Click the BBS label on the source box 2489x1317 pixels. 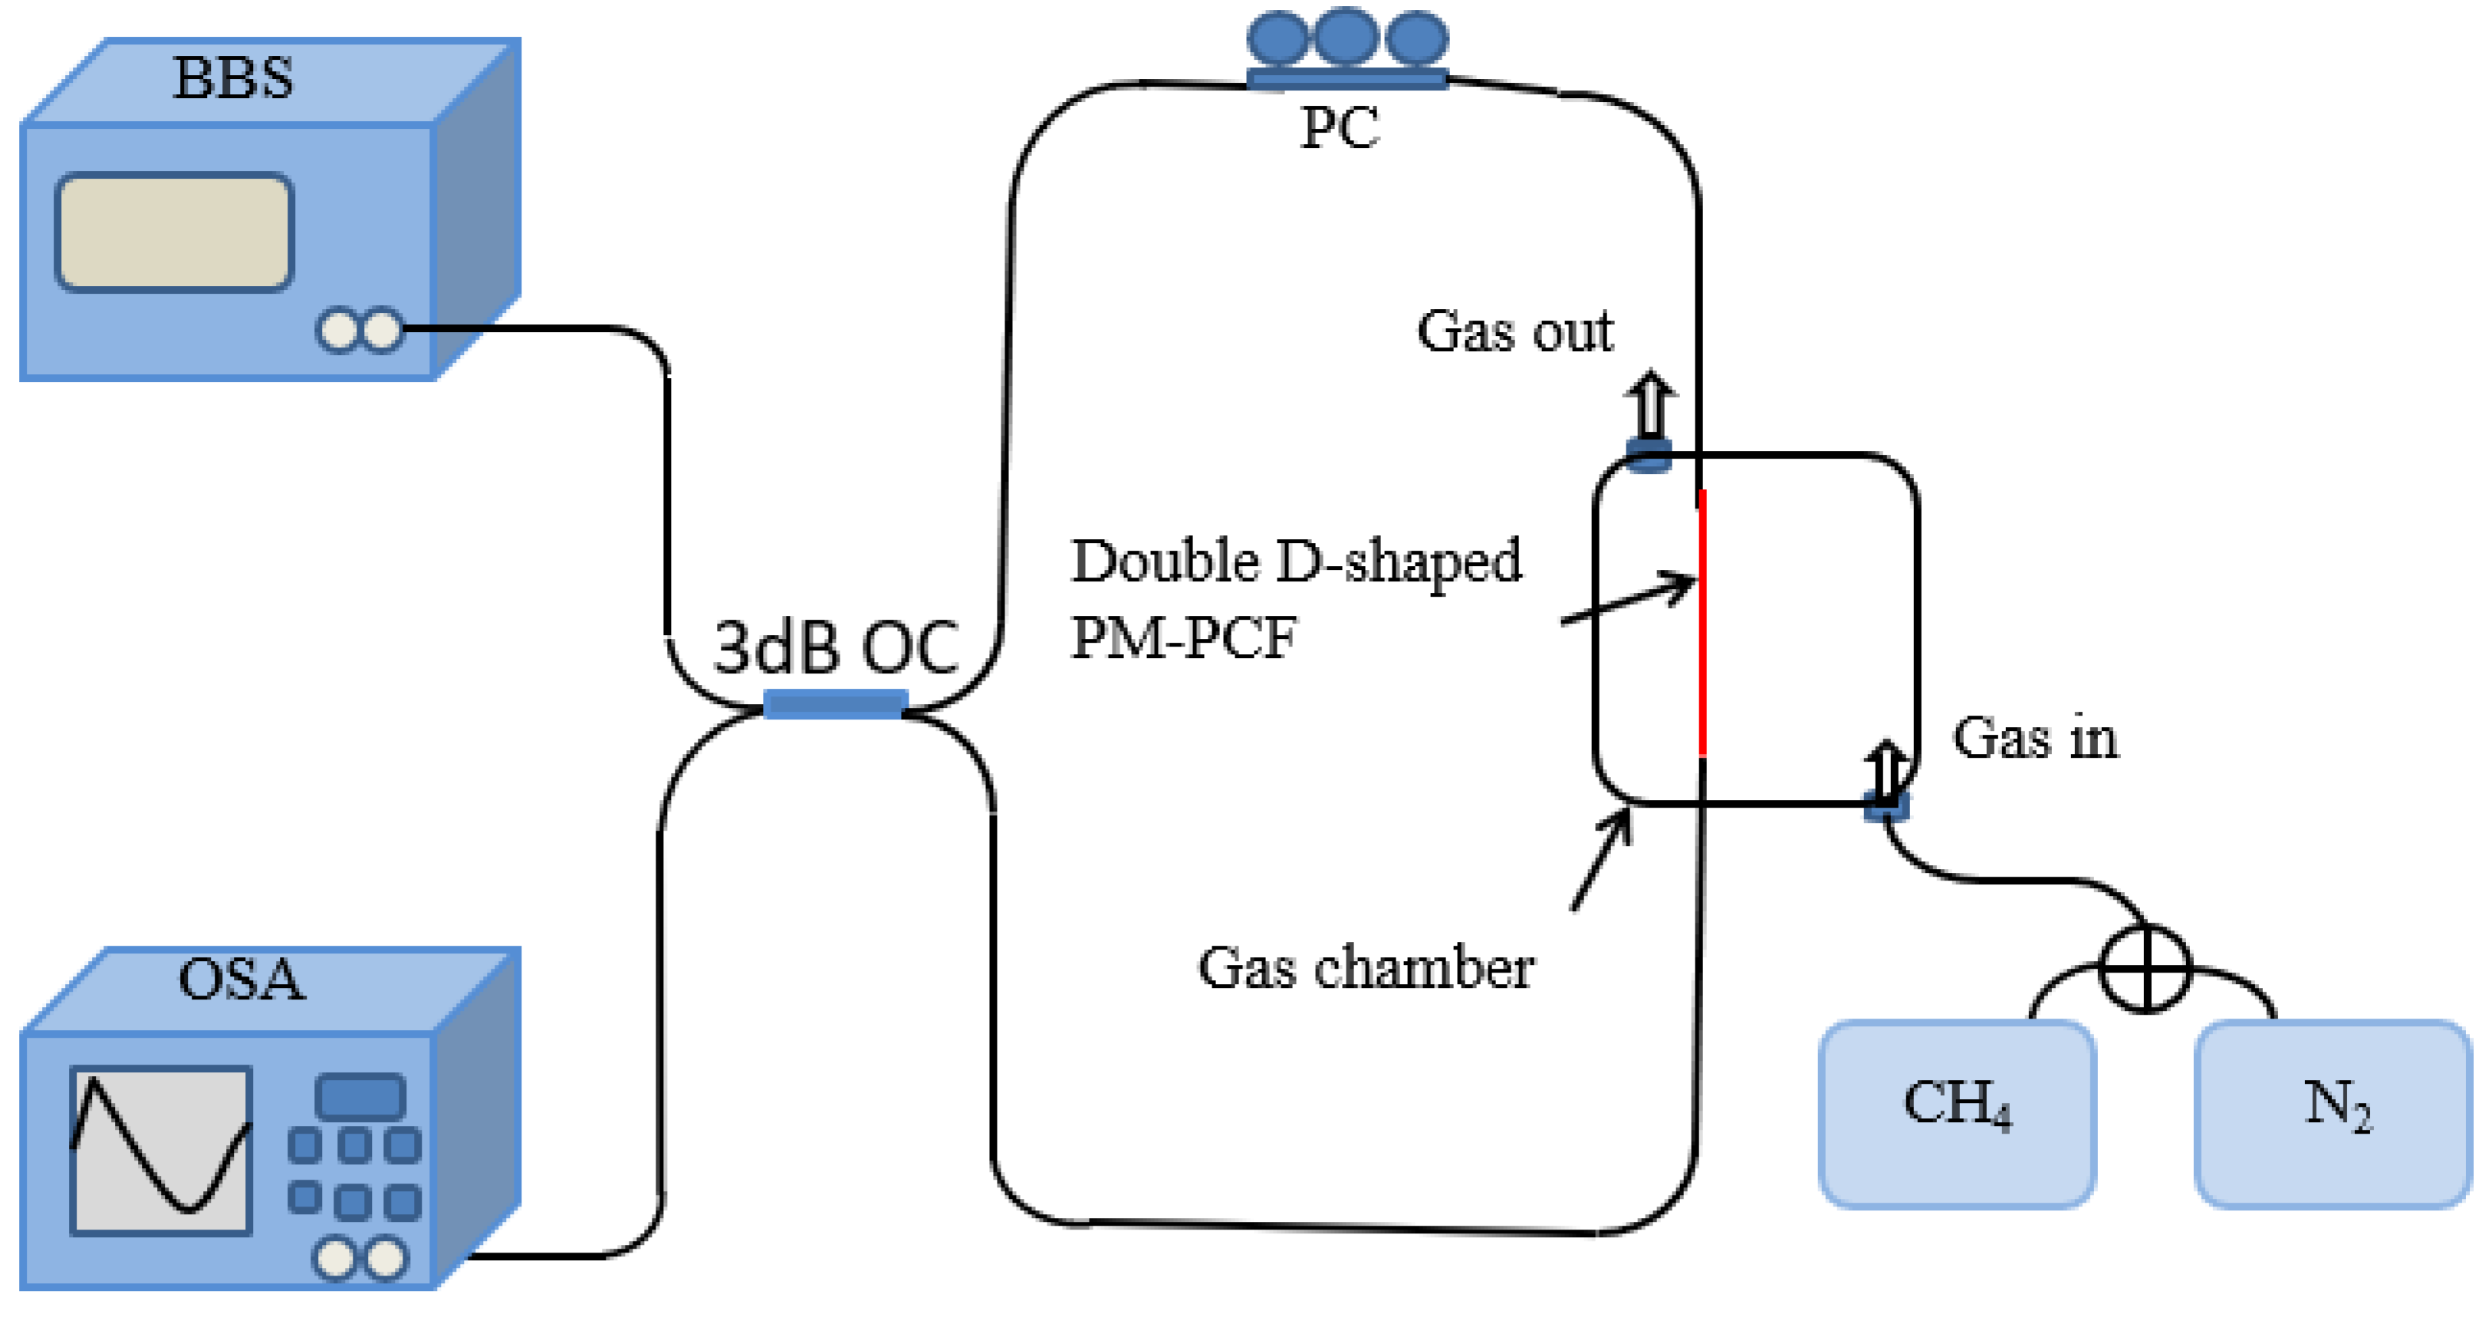233,78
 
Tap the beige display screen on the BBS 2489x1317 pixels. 174,232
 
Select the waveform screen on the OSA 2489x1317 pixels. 161,1150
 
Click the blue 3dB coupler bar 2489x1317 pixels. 835,703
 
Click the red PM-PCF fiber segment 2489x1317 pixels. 1702,624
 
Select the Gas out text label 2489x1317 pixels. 1514,331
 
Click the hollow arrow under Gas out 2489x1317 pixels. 1650,406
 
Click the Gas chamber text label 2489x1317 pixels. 1366,967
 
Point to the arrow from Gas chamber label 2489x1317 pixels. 1601,861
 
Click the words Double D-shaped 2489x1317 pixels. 1296,561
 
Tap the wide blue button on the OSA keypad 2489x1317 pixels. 360,1097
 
